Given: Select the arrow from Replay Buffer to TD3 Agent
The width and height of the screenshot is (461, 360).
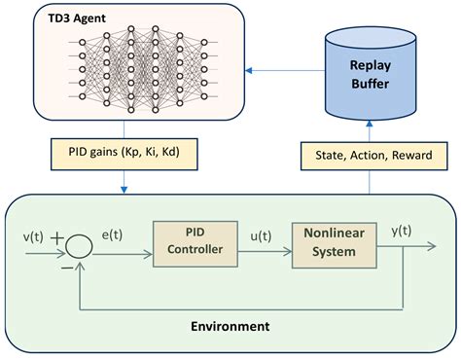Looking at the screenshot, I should [x=282, y=70].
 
